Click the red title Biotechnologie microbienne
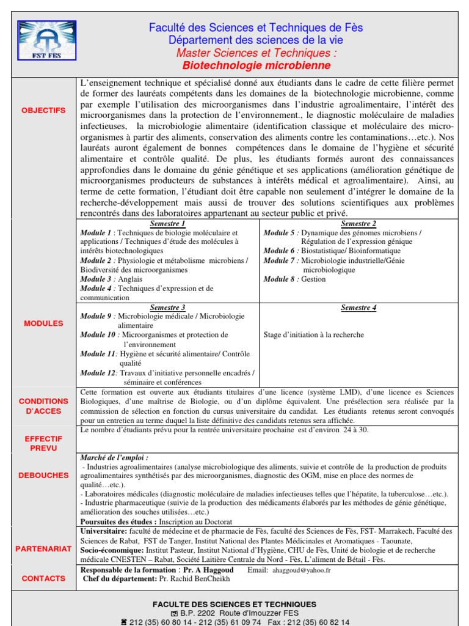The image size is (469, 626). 256,65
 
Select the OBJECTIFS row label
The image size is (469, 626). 43,110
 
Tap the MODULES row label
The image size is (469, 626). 43,323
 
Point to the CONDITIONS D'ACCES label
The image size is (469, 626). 43,406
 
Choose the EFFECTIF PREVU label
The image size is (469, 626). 43,443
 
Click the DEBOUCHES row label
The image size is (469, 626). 43,474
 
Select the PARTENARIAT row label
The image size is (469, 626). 43,549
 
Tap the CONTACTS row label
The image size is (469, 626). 43,578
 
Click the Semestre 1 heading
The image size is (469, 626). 168,224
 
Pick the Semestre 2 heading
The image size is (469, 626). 358,224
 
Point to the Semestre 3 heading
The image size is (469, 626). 168,307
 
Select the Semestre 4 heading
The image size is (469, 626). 358,307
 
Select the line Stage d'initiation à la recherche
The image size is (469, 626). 313,334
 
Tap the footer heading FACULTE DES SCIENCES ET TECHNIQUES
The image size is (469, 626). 234,604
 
